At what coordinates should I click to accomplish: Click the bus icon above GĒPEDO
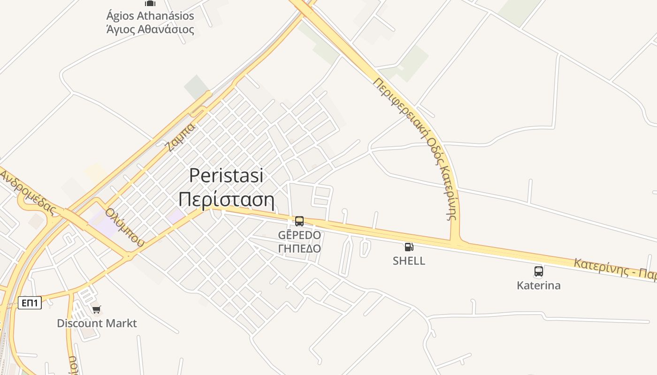tap(299, 221)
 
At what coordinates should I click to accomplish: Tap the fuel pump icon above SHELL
tap(409, 247)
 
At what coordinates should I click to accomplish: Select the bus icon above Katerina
tap(538, 271)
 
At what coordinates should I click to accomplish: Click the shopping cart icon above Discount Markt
tap(96, 309)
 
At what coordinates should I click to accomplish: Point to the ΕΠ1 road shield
tap(30, 303)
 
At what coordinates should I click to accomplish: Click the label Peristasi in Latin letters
tap(226, 176)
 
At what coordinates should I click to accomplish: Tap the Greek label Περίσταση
tap(226, 200)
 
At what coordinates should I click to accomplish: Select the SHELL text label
tap(409, 261)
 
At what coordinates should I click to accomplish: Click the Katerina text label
tap(538, 285)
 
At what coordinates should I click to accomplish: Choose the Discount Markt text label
tap(97, 323)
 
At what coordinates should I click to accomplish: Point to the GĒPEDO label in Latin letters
tap(299, 235)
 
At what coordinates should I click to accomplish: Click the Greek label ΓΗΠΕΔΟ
tap(299, 248)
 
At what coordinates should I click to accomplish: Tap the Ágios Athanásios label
tap(150, 16)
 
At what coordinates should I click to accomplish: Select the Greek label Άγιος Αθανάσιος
tap(150, 30)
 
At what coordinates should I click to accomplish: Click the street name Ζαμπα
tap(180, 137)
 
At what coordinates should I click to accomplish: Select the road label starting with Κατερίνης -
tap(615, 269)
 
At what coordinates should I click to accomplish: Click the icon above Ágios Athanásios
tap(150, 3)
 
